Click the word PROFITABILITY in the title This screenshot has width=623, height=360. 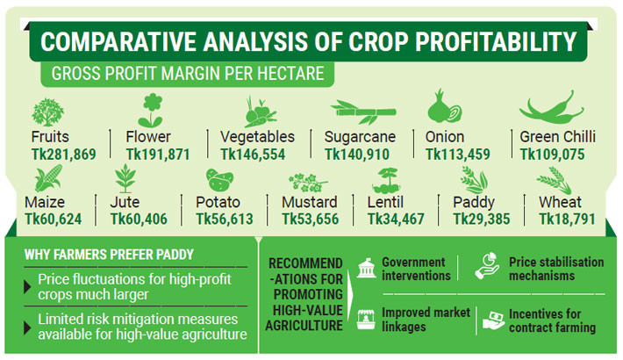(x=496, y=42)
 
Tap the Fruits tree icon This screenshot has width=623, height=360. (x=47, y=112)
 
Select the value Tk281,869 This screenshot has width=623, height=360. (x=63, y=155)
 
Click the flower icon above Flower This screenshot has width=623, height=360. (x=152, y=110)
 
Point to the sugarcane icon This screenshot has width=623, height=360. (x=363, y=112)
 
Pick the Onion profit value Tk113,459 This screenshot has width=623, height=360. (x=458, y=155)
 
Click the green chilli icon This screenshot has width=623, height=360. (x=552, y=107)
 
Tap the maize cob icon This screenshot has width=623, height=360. (x=48, y=178)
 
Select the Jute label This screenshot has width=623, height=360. (x=125, y=202)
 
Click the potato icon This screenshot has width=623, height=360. (x=219, y=180)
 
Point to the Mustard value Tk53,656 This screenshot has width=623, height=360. (x=311, y=220)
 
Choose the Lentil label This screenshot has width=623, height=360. (x=385, y=202)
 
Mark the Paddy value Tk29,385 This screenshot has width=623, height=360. (x=482, y=220)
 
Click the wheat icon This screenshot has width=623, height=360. (x=554, y=180)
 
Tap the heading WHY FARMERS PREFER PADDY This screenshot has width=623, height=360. (x=109, y=255)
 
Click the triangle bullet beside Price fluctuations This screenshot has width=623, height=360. (x=27, y=287)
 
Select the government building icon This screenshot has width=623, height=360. (x=366, y=268)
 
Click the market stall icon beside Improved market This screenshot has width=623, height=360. (x=366, y=320)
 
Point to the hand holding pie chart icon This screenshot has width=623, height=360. (x=487, y=265)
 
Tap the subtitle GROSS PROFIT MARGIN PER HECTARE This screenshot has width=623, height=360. (x=188, y=74)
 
